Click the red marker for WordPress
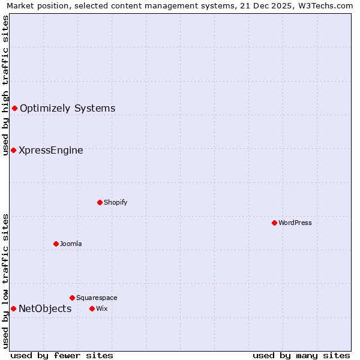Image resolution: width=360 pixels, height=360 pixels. pos(274,223)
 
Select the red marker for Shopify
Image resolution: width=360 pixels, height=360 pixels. pos(100,202)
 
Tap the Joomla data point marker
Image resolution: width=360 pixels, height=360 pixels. pos(56,244)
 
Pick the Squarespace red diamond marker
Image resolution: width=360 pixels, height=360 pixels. pos(72,298)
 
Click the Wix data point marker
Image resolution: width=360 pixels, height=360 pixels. pos(92,308)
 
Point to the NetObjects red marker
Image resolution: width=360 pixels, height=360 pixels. pos(13,308)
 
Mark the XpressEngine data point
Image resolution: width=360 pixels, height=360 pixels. pos(13,150)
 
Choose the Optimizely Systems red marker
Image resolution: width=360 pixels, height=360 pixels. pos(14,108)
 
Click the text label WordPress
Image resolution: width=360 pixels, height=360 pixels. pos(295,223)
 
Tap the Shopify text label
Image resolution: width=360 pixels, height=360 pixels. pos(115,202)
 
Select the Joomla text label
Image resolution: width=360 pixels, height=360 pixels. pos(71,244)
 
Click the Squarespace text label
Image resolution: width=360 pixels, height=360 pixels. pos(97,298)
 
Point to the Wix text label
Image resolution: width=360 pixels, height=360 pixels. pos(101,308)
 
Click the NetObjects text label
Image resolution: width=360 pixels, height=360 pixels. pos(45,308)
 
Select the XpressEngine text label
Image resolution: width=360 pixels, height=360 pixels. pos(51,150)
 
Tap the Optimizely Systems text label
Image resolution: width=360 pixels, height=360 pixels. pos(67,108)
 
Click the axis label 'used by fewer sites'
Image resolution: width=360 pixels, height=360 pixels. pos(62,355)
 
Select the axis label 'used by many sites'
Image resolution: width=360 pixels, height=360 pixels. pos(301,355)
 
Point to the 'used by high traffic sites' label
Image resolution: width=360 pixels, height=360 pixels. pos(5,85)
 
